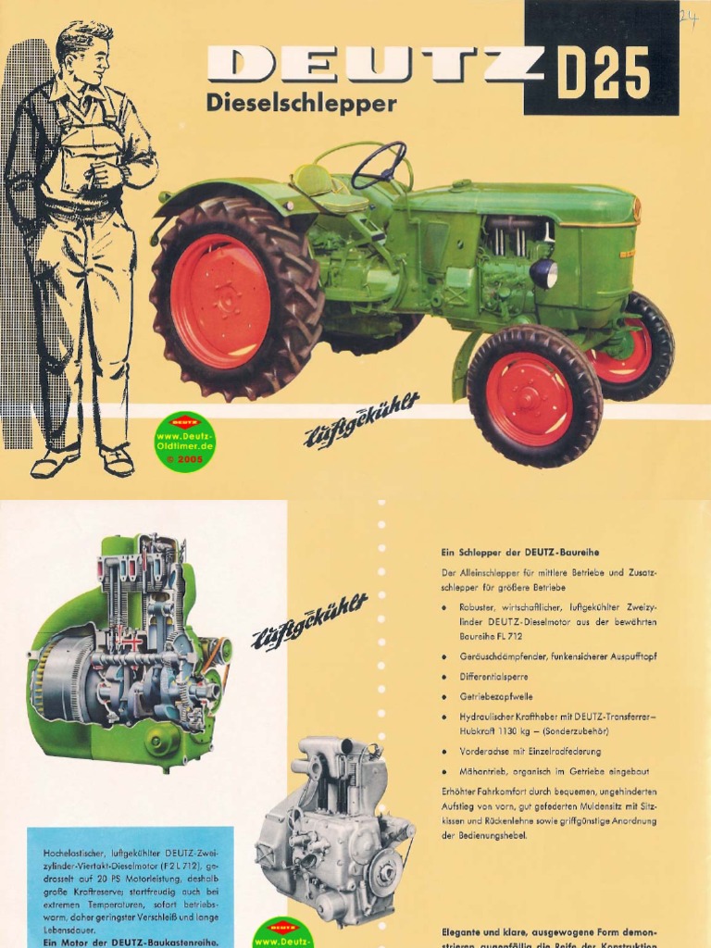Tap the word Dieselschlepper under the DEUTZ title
(301, 104)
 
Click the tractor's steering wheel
(379, 165)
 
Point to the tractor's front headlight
(543, 273)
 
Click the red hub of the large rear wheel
(220, 301)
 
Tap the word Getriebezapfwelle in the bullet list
(496, 696)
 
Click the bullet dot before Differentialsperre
(445, 677)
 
